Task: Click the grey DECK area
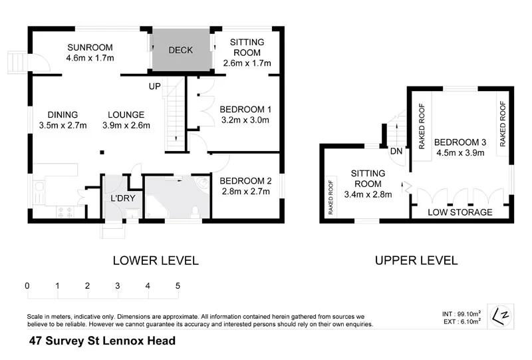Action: coord(180,51)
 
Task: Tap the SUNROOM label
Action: coord(90,47)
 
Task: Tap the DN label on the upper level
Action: coord(396,151)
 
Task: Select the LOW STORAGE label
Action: coord(460,212)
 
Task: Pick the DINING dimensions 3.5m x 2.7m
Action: coord(63,125)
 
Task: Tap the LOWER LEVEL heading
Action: coord(155,260)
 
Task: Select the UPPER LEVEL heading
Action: coord(416,260)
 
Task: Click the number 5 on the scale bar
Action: coord(178,285)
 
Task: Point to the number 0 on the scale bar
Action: coord(27,285)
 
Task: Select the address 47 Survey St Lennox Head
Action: coord(102,341)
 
